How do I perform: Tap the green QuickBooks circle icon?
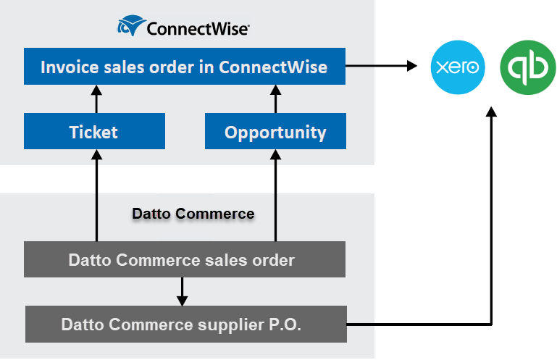point(529,67)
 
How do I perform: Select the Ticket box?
point(94,132)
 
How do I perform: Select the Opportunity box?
point(275,132)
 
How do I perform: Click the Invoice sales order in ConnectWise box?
point(184,67)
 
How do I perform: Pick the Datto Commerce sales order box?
point(184,259)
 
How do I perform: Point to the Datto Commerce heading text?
point(193,214)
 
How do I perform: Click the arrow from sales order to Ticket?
point(95,196)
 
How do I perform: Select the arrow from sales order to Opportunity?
point(275,196)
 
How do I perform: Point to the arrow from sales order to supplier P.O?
point(183,292)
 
